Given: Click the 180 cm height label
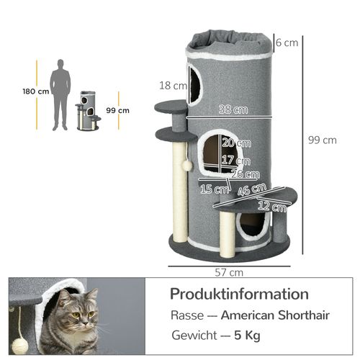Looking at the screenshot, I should (35, 91).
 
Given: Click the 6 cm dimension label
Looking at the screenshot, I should (287, 42).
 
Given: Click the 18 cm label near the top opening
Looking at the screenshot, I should (169, 85).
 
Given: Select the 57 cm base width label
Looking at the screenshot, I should (228, 272).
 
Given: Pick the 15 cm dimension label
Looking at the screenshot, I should (214, 189).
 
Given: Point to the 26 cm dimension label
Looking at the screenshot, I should (246, 174).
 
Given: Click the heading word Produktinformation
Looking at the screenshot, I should (239, 294).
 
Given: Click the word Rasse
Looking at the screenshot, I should (186, 315).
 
